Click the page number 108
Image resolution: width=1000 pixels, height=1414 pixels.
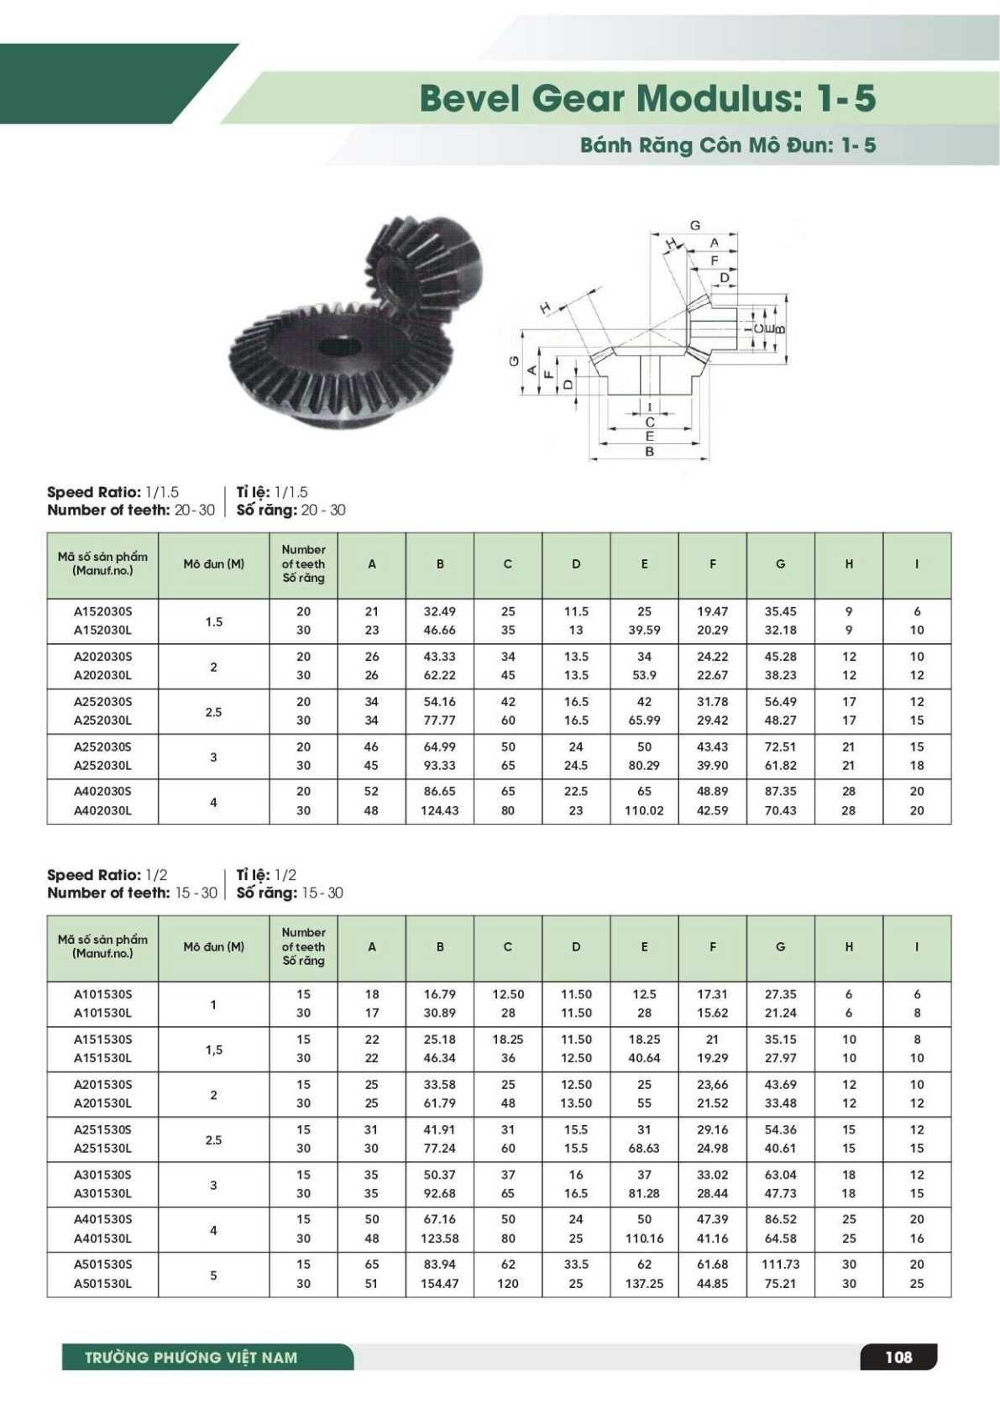click(x=898, y=1357)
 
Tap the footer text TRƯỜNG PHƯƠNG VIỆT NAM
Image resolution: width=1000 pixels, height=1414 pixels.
click(x=191, y=1358)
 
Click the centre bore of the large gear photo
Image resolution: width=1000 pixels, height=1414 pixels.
click(x=340, y=346)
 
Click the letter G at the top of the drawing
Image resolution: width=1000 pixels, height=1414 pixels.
click(x=694, y=225)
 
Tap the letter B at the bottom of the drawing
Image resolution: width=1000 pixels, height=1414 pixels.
click(x=649, y=452)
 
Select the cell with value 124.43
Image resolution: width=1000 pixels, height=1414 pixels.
click(x=439, y=810)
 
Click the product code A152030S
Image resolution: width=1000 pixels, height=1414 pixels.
click(x=102, y=611)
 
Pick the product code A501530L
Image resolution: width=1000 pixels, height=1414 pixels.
click(x=102, y=1283)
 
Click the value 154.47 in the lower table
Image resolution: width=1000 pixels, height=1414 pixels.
click(x=439, y=1283)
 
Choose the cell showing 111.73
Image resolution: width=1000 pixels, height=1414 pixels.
click(x=780, y=1264)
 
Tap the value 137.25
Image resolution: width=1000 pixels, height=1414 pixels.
click(x=644, y=1283)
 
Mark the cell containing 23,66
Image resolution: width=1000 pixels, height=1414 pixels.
click(x=712, y=1084)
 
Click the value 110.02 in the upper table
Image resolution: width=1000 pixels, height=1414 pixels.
click(x=644, y=810)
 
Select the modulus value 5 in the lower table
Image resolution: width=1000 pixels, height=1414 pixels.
click(x=213, y=1275)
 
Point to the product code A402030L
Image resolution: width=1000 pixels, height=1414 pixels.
click(x=102, y=810)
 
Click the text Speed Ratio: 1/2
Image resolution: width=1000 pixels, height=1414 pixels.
click(x=107, y=875)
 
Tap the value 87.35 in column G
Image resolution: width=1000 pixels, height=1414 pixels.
click(x=780, y=791)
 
